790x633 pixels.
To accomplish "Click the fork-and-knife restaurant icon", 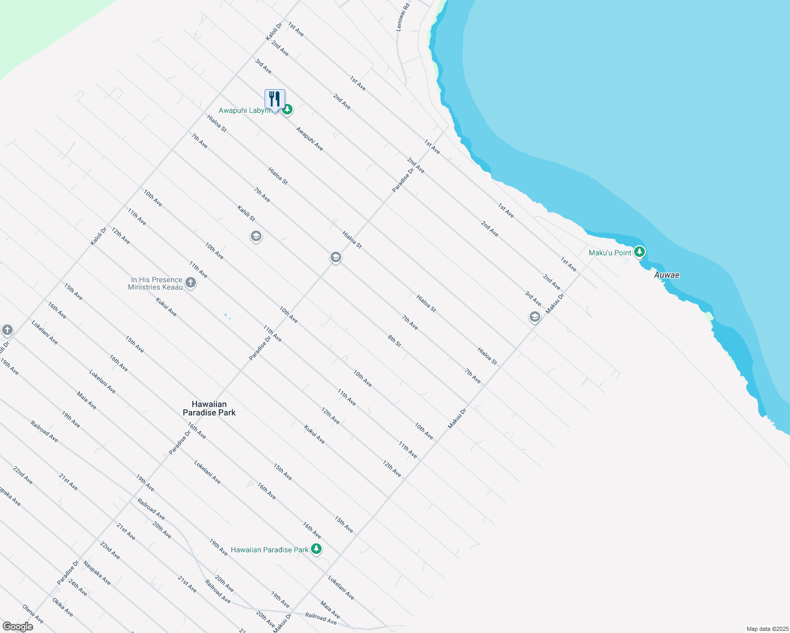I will click(x=275, y=99).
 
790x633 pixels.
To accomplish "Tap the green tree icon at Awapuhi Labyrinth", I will click(x=287, y=110).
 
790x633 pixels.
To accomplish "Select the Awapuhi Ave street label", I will click(x=309, y=139).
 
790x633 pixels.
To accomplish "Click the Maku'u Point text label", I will click(x=610, y=253).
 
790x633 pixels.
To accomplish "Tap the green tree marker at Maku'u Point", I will click(x=639, y=252).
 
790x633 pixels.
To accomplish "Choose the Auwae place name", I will click(x=666, y=275).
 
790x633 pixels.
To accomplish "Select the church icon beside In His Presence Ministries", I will click(x=191, y=283).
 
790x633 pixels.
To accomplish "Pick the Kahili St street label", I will click(x=246, y=214).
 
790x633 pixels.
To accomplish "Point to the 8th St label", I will click(x=394, y=341).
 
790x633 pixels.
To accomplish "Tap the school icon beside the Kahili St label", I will click(x=256, y=236).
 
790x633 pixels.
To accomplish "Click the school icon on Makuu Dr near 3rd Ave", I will click(x=534, y=317).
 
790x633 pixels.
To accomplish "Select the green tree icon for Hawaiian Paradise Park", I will click(x=316, y=549).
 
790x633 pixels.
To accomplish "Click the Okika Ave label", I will click(x=62, y=607).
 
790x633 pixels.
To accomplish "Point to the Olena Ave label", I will click(x=33, y=614).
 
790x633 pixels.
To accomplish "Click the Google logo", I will click(x=17, y=627).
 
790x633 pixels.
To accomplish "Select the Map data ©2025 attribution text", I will click(x=767, y=629).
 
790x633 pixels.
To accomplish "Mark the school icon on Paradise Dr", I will click(x=335, y=257).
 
